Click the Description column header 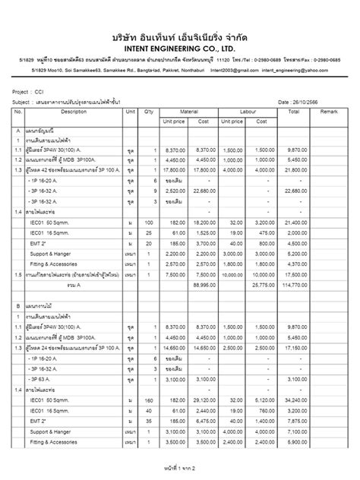74,112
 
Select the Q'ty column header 149,112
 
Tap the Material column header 188,112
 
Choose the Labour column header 249,112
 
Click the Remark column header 328,112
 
